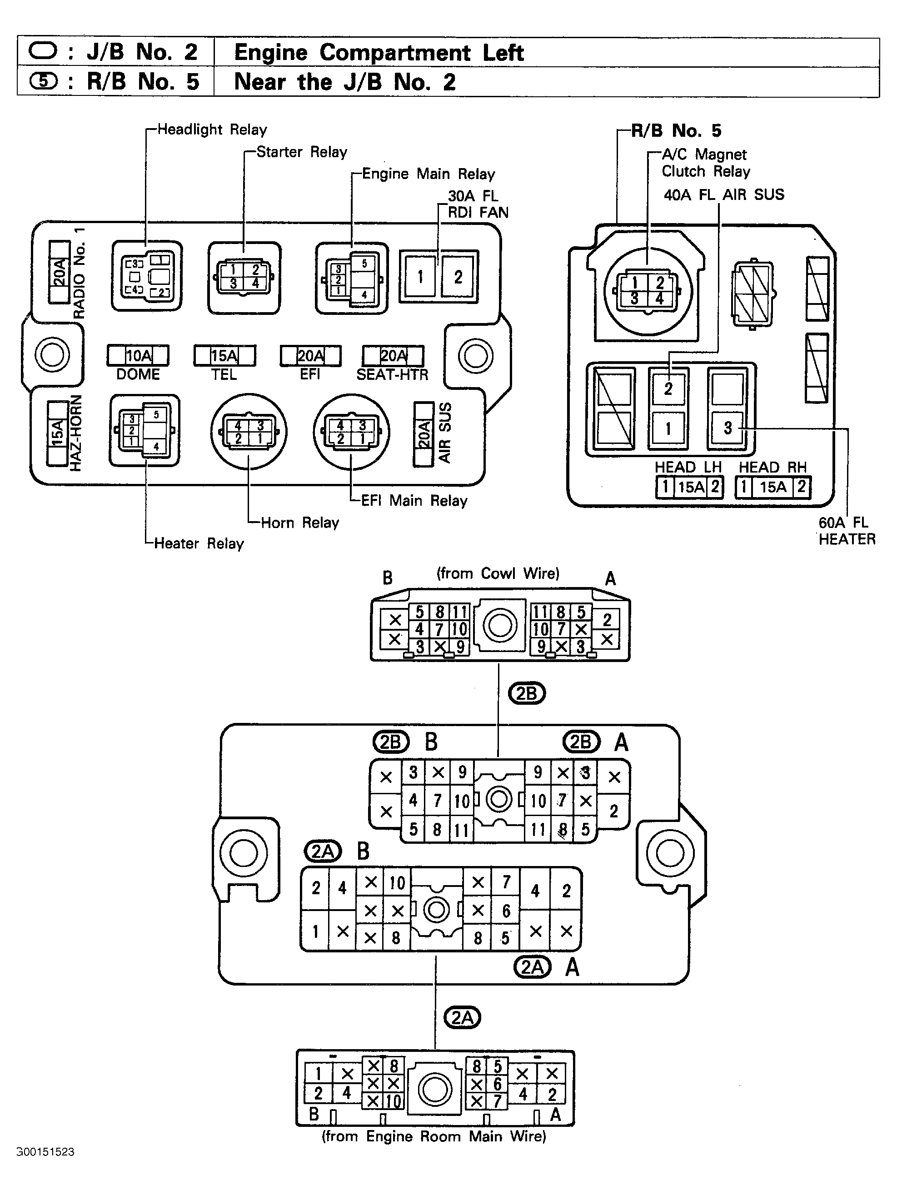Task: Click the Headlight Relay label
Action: point(211,129)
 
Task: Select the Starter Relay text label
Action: point(301,152)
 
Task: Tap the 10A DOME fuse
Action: point(138,356)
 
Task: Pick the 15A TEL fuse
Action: point(224,356)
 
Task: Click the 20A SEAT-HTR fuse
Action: point(394,356)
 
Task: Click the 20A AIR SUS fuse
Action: point(424,434)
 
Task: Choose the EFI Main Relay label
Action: point(413,500)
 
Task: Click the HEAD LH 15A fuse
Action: point(690,488)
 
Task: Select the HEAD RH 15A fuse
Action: point(772,488)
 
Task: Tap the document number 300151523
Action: point(46,1152)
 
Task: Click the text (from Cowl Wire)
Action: point(498,573)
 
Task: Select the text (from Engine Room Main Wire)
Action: point(434,1136)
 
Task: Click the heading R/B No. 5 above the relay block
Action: point(683,131)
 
